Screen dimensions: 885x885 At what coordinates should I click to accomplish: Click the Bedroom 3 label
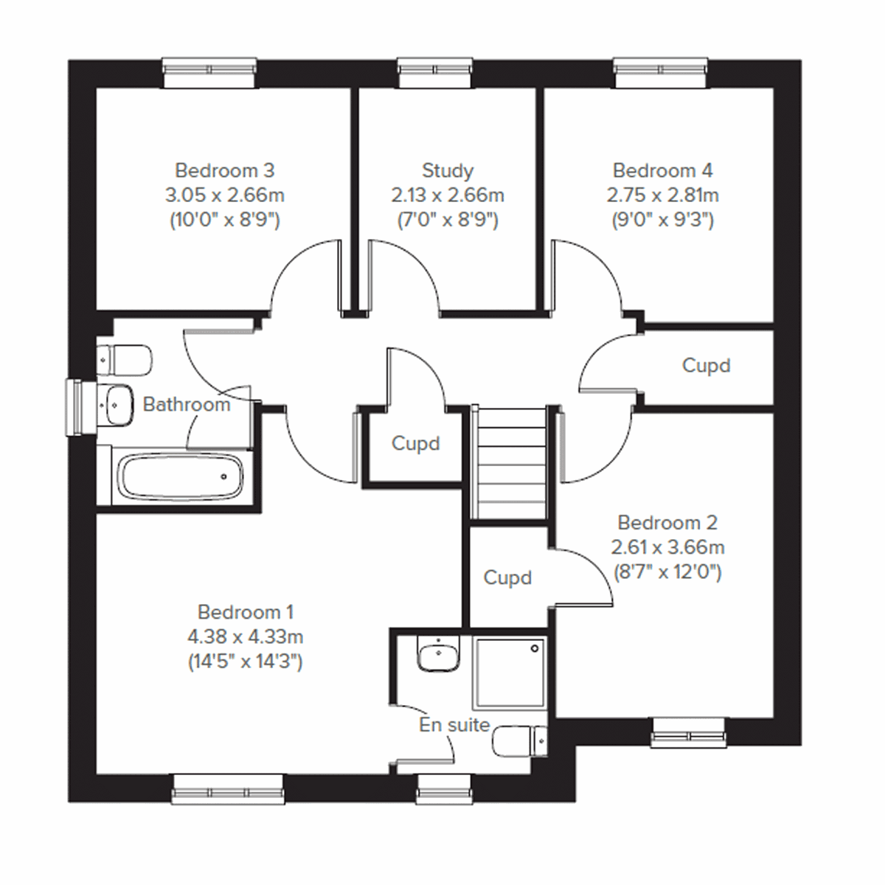click(x=225, y=170)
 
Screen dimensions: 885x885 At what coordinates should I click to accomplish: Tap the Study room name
click(x=447, y=170)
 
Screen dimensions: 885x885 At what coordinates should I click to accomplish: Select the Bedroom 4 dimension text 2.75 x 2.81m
click(x=663, y=195)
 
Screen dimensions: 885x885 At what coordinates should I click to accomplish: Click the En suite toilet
click(x=519, y=741)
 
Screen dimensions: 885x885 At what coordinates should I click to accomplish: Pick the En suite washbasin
click(x=438, y=654)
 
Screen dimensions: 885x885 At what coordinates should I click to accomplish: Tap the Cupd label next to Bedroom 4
click(x=706, y=366)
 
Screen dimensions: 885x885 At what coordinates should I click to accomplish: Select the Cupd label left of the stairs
click(x=415, y=444)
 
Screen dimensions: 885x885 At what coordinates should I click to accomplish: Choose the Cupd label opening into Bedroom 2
click(x=507, y=577)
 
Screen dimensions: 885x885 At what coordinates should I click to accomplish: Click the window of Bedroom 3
click(x=210, y=69)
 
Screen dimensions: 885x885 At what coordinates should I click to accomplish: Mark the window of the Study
click(x=435, y=69)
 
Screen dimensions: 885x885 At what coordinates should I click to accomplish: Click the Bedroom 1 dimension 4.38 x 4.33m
click(x=245, y=636)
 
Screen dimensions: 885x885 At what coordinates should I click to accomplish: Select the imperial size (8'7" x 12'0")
click(x=667, y=572)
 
